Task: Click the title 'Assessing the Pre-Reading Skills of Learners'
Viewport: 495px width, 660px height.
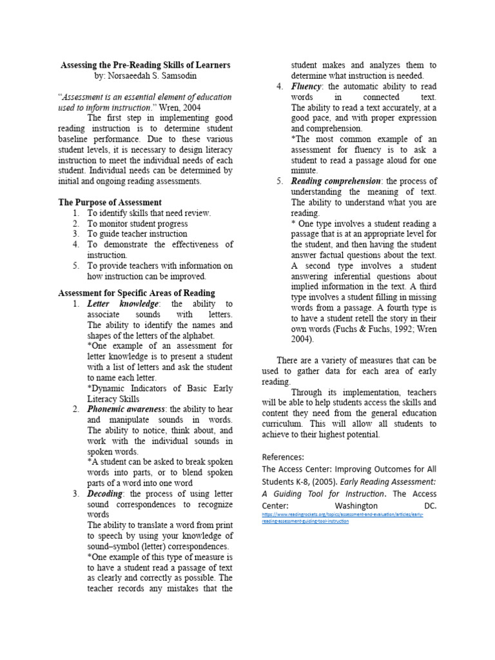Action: pyautogui.click(x=145, y=65)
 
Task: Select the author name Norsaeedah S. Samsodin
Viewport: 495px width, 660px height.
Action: pyautogui.click(x=145, y=75)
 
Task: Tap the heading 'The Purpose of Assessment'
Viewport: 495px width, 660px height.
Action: pyautogui.click(x=110, y=202)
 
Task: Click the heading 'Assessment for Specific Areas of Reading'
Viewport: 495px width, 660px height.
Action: pyautogui.click(x=137, y=293)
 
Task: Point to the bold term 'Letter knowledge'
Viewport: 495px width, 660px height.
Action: pyautogui.click(x=122, y=304)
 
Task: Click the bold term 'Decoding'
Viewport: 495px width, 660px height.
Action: pyautogui.click(x=106, y=494)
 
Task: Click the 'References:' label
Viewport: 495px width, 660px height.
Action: pyautogui.click(x=284, y=456)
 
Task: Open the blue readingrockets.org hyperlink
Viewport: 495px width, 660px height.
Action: pyautogui.click(x=342, y=518)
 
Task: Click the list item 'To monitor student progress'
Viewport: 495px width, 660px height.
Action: pyautogui.click(x=137, y=223)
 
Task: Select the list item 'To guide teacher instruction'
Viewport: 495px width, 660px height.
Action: pyautogui.click(x=137, y=234)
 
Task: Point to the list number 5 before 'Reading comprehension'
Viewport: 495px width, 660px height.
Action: pyautogui.click(x=280, y=181)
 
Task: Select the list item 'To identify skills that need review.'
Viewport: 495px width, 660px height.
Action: pyautogui.click(x=149, y=213)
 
